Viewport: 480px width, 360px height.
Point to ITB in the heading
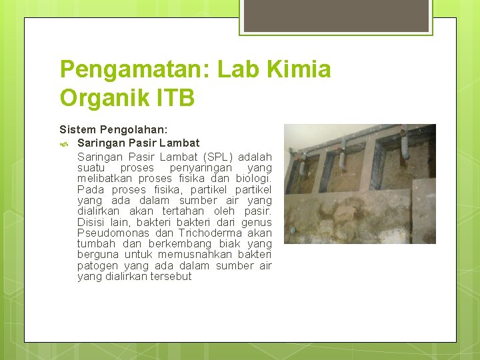coord(175,98)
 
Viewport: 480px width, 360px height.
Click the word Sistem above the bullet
coord(77,129)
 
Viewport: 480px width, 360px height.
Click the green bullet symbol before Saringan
coord(64,143)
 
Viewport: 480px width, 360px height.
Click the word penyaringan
coord(200,168)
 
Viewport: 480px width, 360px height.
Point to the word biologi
coord(253,179)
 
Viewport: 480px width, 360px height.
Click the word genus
coord(257,222)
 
